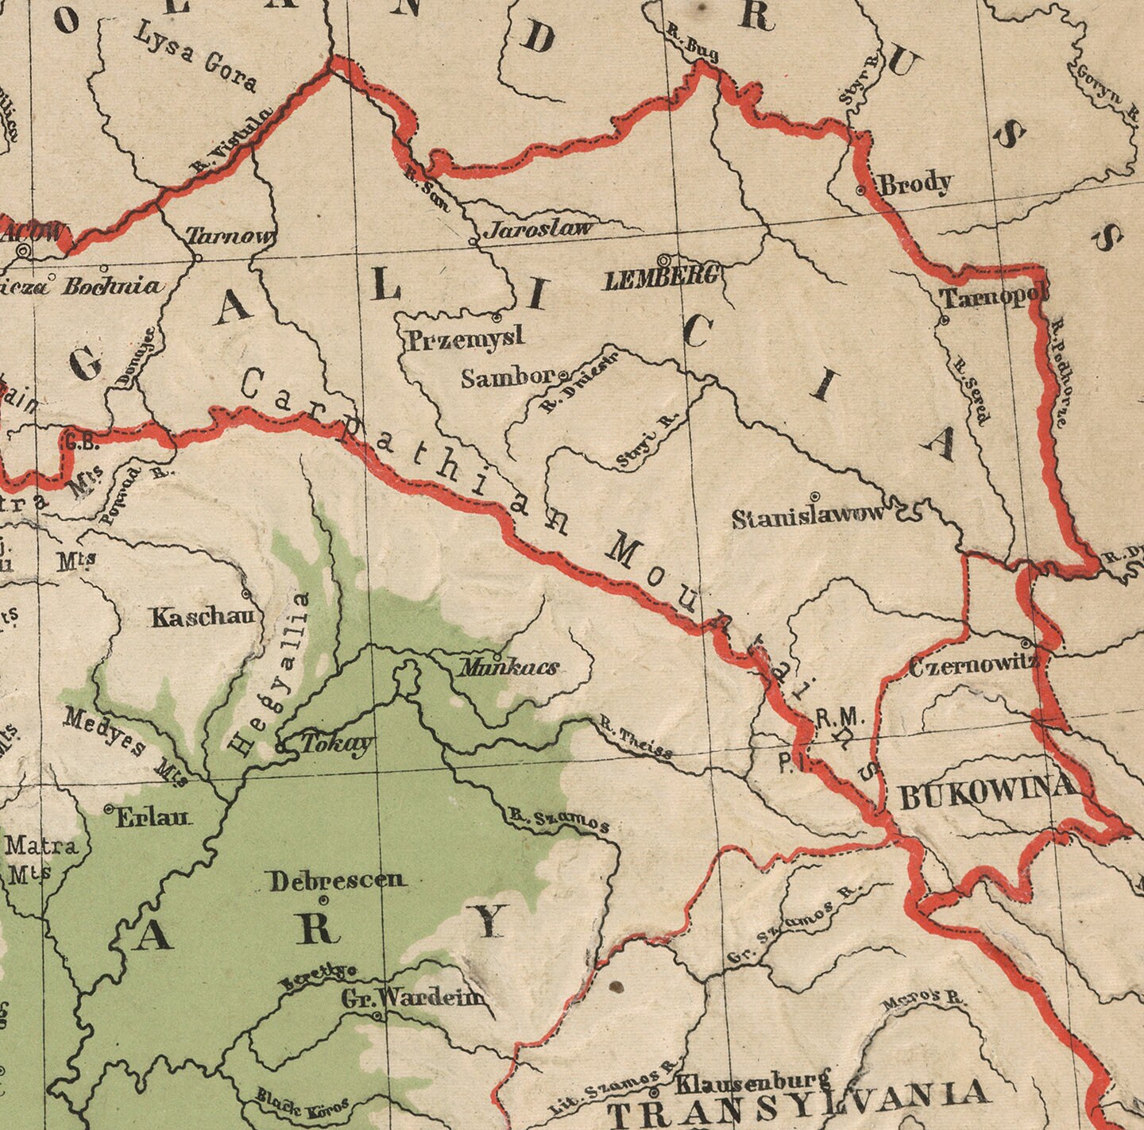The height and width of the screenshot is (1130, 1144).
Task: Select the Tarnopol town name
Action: point(993,298)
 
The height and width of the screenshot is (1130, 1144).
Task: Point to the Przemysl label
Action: point(466,339)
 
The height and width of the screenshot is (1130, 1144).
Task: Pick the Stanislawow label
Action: point(807,517)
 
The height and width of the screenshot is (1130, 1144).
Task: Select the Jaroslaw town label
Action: point(539,229)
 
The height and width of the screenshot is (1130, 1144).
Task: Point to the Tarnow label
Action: point(230,236)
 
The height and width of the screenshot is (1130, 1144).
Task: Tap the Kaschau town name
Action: point(206,617)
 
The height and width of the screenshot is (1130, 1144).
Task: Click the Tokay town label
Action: point(336,743)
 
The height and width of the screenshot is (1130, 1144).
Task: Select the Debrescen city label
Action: point(337,880)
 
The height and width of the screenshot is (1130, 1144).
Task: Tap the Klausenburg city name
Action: point(752,1082)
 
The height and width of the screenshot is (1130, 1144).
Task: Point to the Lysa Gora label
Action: point(195,56)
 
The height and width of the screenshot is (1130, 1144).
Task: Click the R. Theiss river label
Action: point(636,739)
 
